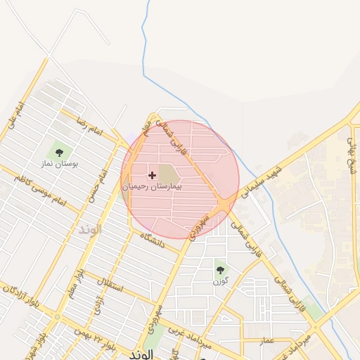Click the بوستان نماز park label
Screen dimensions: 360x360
point(58,163)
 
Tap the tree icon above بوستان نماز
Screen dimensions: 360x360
point(58,150)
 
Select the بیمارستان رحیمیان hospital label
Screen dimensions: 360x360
point(152,187)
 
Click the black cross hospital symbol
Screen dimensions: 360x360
point(152,174)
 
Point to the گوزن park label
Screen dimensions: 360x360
point(221,281)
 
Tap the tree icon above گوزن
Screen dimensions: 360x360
point(221,269)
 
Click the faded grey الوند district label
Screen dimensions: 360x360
point(90,230)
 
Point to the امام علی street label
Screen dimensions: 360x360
point(15,116)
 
